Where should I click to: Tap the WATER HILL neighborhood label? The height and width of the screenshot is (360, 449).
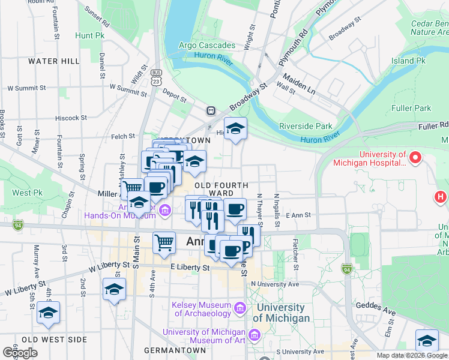53,61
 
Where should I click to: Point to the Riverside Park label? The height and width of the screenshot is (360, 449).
306,126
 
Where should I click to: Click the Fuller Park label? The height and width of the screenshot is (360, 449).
413,108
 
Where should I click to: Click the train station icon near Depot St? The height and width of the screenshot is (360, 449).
211,110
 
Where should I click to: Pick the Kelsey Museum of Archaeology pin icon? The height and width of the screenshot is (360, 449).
240,308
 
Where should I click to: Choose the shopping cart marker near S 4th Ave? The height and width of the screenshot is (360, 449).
164,243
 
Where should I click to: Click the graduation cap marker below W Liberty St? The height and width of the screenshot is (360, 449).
115,290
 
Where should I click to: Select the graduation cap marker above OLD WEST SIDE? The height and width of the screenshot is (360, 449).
48,313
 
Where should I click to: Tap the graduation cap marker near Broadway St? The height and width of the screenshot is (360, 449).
236,128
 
